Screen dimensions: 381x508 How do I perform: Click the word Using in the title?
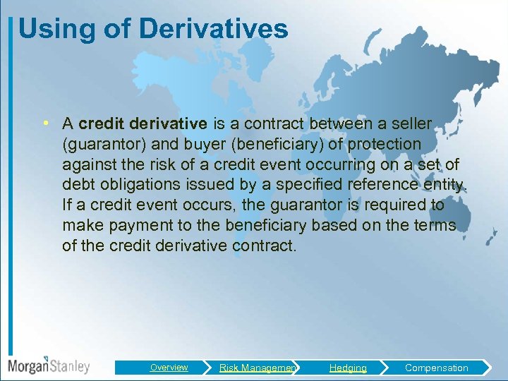(49, 30)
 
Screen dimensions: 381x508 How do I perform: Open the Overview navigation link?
(169, 368)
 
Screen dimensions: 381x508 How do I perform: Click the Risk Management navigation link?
(258, 368)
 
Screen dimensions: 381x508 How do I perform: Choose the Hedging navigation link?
(348, 368)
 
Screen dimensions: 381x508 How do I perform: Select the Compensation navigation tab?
(436, 368)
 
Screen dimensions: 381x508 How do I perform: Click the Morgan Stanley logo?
(48, 366)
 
